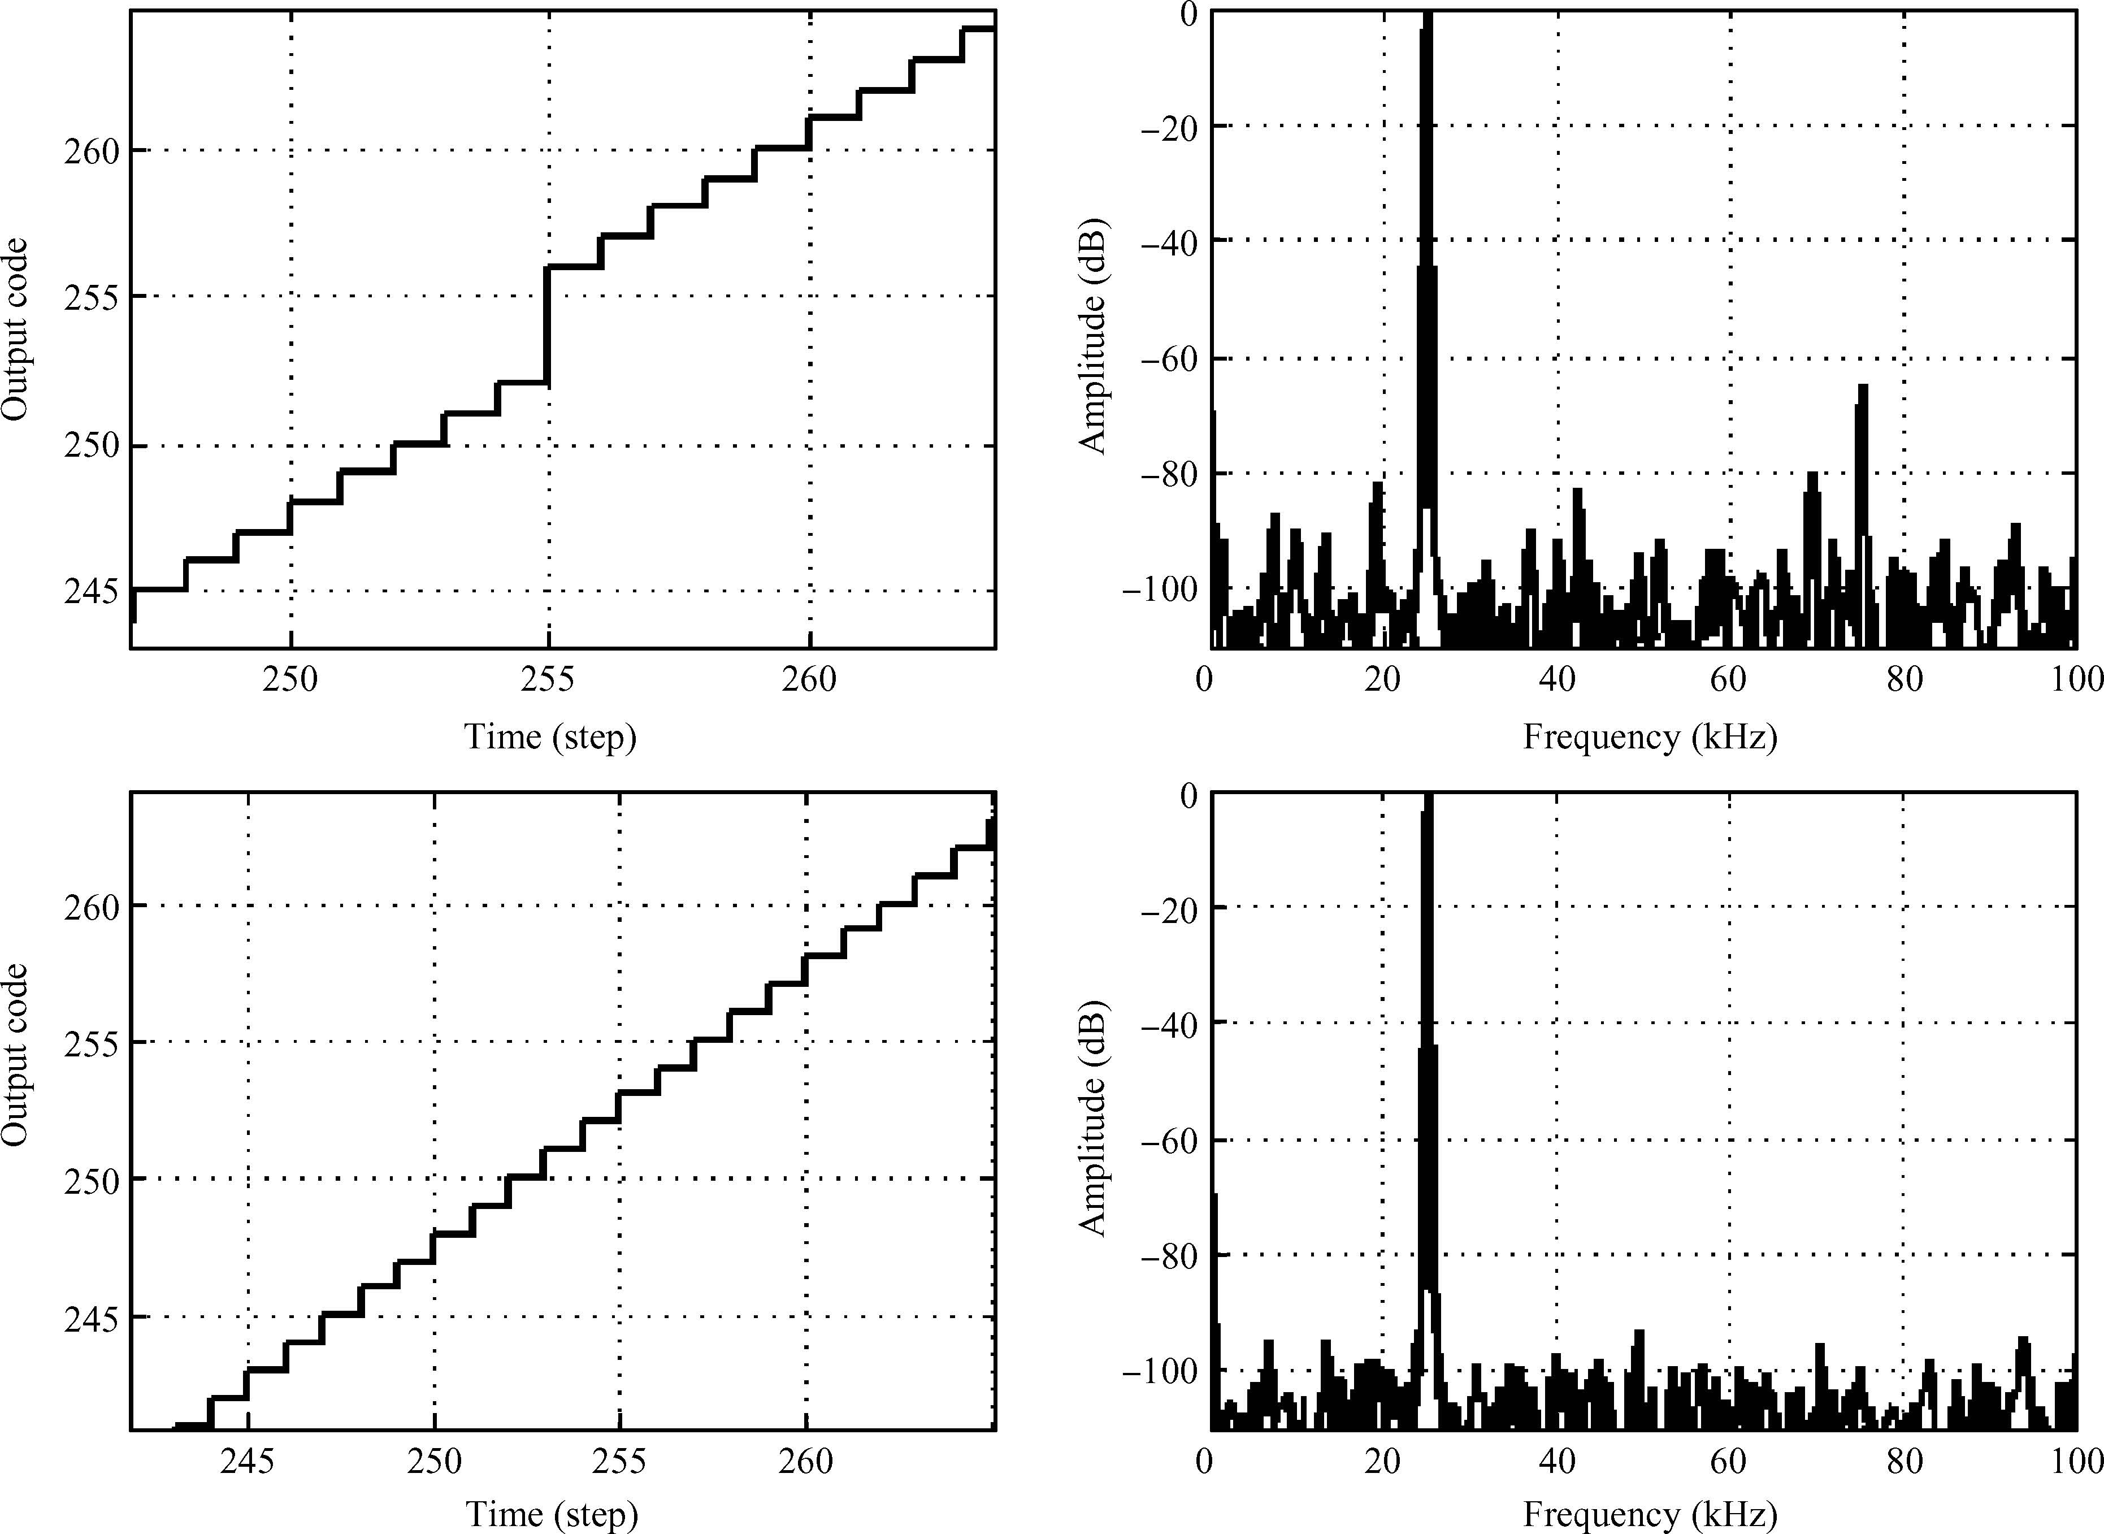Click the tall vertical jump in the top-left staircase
[x=547, y=325]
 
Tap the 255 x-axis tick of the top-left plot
[x=547, y=680]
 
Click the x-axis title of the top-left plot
[x=550, y=737]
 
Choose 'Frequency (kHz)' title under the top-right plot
[x=1649, y=737]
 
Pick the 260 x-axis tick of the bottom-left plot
[x=806, y=1462]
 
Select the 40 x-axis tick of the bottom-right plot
[x=1557, y=1462]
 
